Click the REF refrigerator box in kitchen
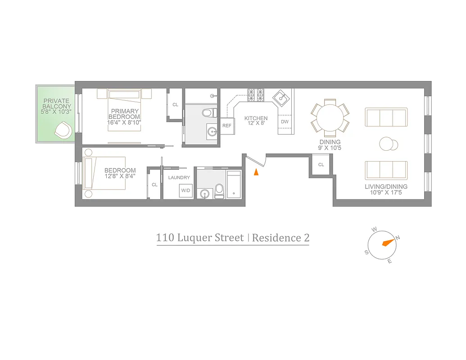click(227, 126)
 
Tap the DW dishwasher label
click(285, 121)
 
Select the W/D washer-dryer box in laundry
click(185, 191)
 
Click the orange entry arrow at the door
click(257, 171)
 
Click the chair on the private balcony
click(63, 131)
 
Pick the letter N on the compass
click(397, 237)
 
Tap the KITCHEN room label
click(256, 118)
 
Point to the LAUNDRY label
click(179, 178)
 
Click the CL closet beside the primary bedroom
click(175, 104)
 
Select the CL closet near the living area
click(321, 165)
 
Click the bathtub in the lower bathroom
click(234, 184)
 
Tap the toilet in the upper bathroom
click(208, 112)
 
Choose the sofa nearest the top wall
click(386, 117)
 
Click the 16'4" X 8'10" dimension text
click(125, 122)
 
